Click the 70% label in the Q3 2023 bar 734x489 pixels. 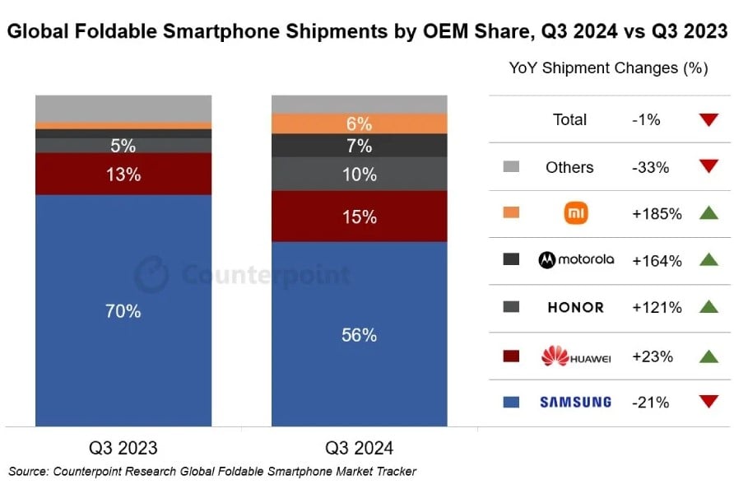click(x=123, y=311)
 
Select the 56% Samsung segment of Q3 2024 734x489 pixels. click(x=360, y=335)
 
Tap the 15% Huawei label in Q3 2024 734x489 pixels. click(x=360, y=217)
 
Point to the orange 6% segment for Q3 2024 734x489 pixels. click(x=360, y=124)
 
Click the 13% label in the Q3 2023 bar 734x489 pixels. click(x=123, y=175)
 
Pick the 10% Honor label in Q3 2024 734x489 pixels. click(x=360, y=175)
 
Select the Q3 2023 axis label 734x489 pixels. click(x=123, y=449)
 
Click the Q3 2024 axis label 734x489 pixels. click(x=360, y=449)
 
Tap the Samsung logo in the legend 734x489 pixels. click(x=575, y=403)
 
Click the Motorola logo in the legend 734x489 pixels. click(x=576, y=260)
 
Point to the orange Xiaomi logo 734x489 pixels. click(x=575, y=213)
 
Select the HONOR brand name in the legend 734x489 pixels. click(x=575, y=308)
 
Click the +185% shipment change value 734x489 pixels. click(x=656, y=214)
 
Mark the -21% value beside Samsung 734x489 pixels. click(x=650, y=403)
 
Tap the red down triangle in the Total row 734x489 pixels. click(x=708, y=120)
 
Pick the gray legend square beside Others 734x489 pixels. click(x=511, y=167)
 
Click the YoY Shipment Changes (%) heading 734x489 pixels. click(x=608, y=68)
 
